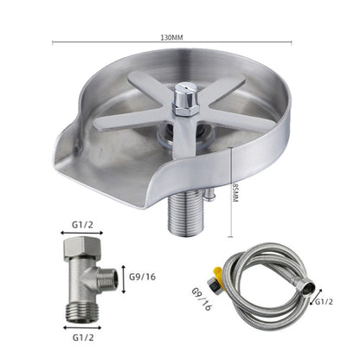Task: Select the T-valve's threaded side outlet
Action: click(106, 279)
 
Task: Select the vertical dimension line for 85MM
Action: click(230, 192)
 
